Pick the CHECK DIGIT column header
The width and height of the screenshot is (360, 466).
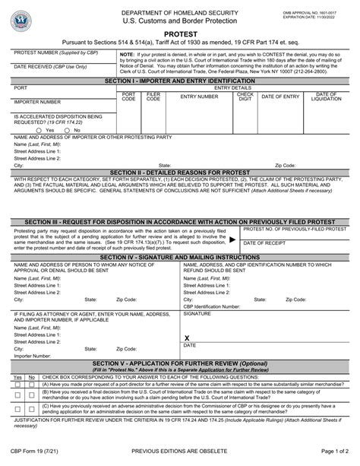tap(245, 97)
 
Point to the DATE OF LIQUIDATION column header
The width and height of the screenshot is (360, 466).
tap(325, 97)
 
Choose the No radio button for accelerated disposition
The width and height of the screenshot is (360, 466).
tap(49, 130)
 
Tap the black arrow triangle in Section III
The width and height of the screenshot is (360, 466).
tap(232, 238)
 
